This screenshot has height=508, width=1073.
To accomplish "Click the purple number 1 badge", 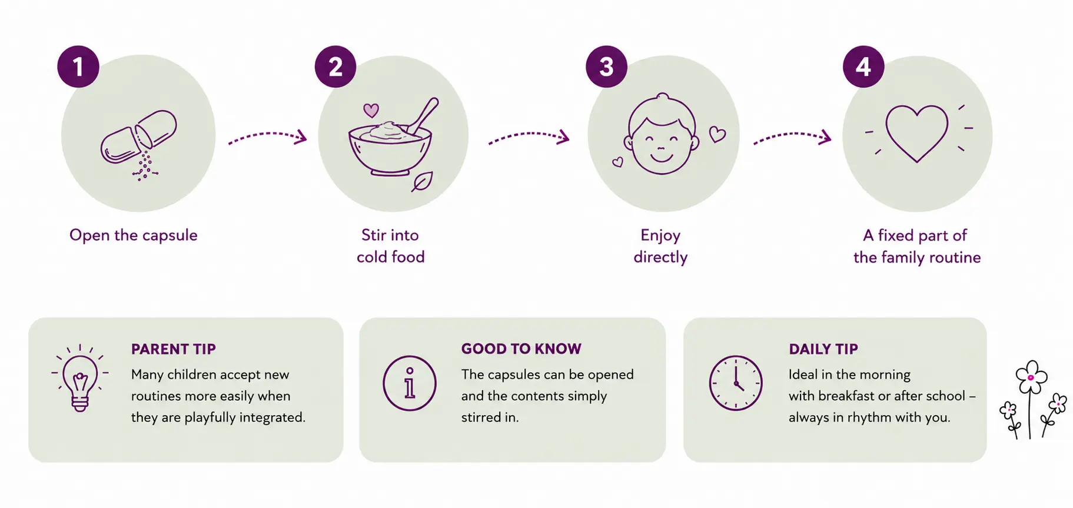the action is click(78, 67).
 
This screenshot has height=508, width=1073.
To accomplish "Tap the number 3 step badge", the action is click(606, 67).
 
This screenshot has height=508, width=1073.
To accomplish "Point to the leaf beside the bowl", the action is click(422, 182).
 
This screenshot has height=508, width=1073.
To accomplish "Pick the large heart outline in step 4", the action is click(917, 133).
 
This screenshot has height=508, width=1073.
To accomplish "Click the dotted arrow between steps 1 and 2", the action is click(268, 135).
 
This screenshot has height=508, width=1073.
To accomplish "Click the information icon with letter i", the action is click(410, 383).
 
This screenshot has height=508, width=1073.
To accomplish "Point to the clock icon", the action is click(736, 383).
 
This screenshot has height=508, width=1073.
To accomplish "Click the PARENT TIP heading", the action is click(174, 349).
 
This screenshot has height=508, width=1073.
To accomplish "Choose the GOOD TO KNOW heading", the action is click(521, 349).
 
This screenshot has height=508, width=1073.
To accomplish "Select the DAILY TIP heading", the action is click(823, 349).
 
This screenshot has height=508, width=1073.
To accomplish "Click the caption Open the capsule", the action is click(134, 235).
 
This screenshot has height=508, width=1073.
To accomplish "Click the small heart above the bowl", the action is click(371, 110).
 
